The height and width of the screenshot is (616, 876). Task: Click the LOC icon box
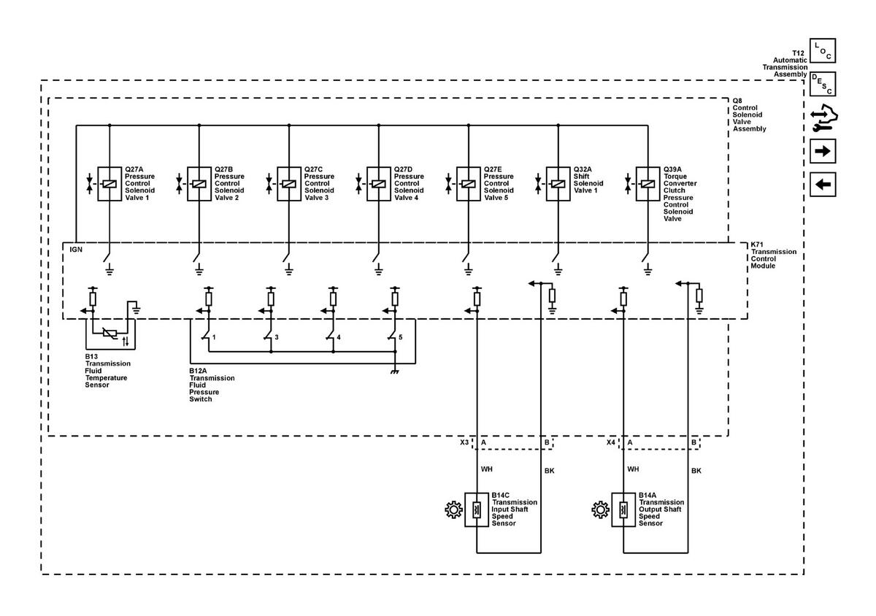coord(823,50)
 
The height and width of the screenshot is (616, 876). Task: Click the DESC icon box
coord(823,84)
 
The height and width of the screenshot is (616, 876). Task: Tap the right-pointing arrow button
coord(823,151)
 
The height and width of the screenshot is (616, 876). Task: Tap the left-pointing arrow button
coord(823,184)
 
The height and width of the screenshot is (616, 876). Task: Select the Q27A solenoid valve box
coord(109,184)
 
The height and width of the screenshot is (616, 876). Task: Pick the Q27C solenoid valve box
coord(289,184)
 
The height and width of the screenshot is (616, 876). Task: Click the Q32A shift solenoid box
coord(558,184)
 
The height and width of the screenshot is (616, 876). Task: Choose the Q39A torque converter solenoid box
coord(648,184)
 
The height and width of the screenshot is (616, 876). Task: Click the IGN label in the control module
coord(76,250)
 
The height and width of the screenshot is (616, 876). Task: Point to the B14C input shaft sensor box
coord(477,509)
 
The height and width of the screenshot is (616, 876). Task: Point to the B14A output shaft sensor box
coord(623,509)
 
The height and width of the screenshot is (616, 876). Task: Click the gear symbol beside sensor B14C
coord(453,510)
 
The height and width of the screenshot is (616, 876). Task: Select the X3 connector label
coord(464,442)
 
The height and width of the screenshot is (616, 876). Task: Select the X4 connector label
coord(611,442)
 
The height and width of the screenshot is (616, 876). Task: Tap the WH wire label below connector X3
coord(486,469)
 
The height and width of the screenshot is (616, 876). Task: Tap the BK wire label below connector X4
coord(696,471)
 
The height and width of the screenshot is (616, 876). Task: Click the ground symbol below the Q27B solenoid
coord(199,269)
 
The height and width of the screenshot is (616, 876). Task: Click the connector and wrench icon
coord(823,118)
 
